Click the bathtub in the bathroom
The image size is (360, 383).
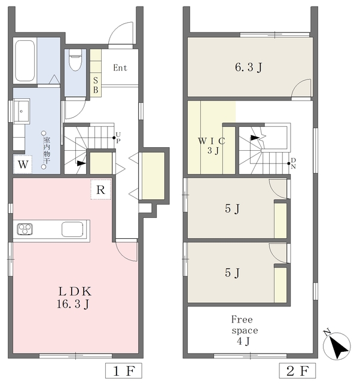coord(25,60)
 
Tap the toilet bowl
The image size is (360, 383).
coord(75,60)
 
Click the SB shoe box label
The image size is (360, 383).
coord(96,85)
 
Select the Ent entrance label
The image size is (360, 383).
coord(120,68)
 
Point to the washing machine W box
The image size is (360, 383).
coord(23,165)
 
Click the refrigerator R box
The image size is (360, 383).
coord(101,190)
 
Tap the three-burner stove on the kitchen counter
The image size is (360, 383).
coord(25,229)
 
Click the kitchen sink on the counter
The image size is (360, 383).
coord(72,229)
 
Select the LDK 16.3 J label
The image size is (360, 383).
coord(74,298)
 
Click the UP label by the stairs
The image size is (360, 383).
coord(118,138)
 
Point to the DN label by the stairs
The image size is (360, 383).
coord(294,163)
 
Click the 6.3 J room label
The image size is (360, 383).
coord(249,67)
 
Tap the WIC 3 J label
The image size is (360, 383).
coord(212,146)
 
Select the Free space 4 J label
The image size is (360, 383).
coord(245,330)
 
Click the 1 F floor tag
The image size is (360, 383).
coord(124,371)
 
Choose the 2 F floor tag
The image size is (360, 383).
coord(297,371)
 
